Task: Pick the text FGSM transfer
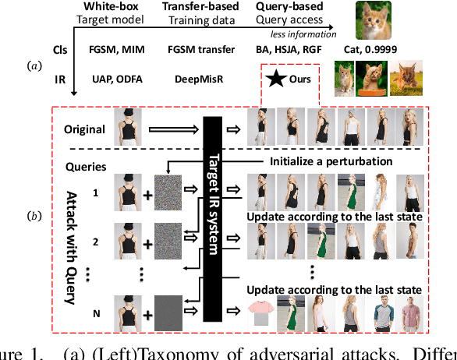point(200,50)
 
